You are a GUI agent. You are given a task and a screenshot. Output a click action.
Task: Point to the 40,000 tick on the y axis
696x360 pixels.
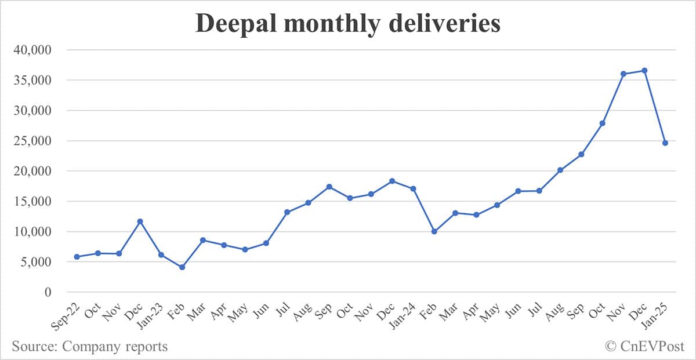32,50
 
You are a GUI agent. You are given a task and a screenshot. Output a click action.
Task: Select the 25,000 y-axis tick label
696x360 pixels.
32,141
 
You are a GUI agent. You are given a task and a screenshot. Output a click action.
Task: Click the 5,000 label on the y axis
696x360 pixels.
35,262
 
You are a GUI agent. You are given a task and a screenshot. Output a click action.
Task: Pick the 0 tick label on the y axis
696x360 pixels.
48,292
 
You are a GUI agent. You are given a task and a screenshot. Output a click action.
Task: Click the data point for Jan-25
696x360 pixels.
665,143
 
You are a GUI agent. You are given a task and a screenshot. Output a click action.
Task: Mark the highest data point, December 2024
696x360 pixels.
644,71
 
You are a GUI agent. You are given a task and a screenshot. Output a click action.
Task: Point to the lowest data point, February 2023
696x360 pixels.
182,267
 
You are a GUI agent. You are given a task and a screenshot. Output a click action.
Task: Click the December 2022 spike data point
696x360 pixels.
140,221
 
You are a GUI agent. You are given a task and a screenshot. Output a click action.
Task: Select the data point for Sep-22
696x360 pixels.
77,257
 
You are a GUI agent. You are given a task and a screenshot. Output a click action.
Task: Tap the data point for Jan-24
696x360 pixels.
413,188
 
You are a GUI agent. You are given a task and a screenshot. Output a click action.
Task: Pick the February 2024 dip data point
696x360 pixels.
434,231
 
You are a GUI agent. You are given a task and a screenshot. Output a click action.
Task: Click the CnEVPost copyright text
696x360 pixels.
644,347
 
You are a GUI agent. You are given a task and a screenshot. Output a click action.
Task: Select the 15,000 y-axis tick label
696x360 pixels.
32,201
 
